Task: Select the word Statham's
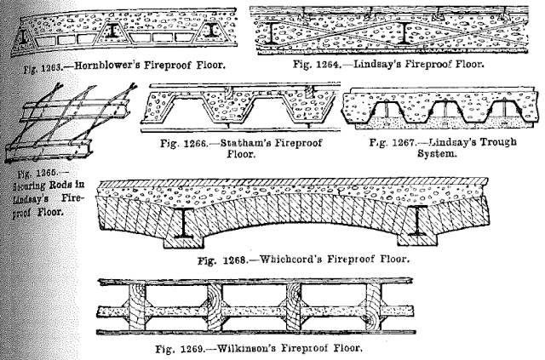coord(236,144)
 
